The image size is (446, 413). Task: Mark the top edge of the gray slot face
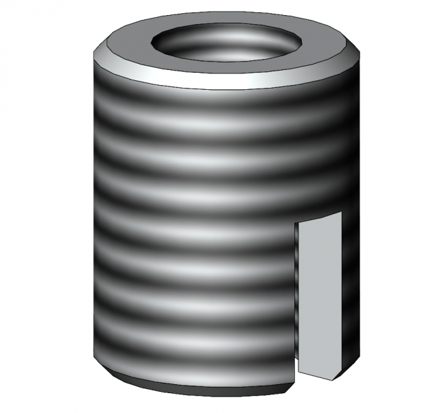[318, 217]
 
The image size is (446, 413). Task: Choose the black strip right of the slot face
[348, 295]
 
